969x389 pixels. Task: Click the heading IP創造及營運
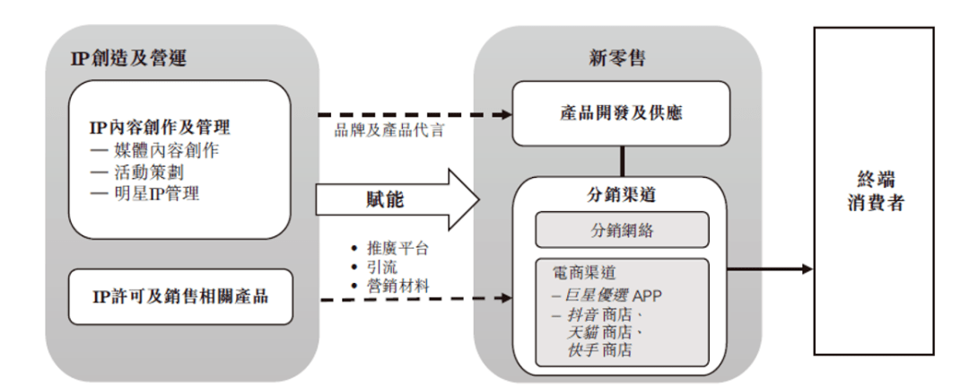tap(128, 58)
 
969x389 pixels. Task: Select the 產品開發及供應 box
tap(621, 114)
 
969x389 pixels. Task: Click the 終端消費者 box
tap(874, 191)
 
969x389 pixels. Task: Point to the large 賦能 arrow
tap(398, 200)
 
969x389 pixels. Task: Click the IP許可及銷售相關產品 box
tap(180, 296)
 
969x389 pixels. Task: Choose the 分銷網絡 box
tap(622, 230)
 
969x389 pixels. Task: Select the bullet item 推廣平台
tap(389, 249)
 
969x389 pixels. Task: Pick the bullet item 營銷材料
tap(389, 286)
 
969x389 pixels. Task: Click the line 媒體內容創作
tap(154, 150)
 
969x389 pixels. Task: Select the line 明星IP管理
tap(145, 193)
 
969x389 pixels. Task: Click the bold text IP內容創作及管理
tap(160, 128)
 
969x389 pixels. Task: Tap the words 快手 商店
tap(598, 350)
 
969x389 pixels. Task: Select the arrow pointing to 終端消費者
tap(770, 269)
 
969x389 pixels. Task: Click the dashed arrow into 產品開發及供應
tap(415, 114)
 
